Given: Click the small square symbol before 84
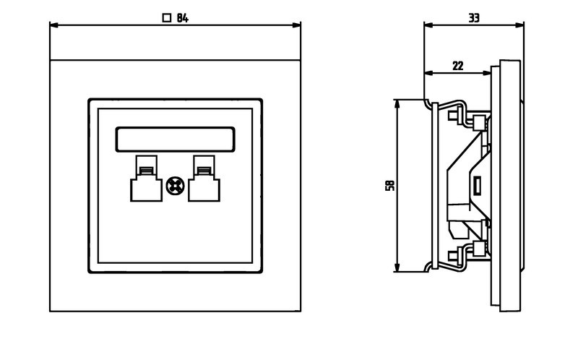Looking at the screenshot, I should [167, 18].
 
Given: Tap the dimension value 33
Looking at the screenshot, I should [474, 18].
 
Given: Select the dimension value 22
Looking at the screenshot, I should [457, 65].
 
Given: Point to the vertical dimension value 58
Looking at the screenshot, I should [390, 186].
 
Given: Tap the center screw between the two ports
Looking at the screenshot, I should [175, 185].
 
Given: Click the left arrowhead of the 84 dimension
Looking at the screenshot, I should [53, 25].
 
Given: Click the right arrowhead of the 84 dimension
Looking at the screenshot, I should [296, 25].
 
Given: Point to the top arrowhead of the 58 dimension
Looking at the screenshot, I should [397, 103].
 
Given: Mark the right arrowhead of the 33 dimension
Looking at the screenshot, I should [520, 25].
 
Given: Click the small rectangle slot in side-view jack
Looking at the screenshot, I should [477, 187].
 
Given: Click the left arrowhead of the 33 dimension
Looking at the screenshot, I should [428, 25].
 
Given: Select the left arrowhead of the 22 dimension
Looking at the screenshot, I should [428, 73].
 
